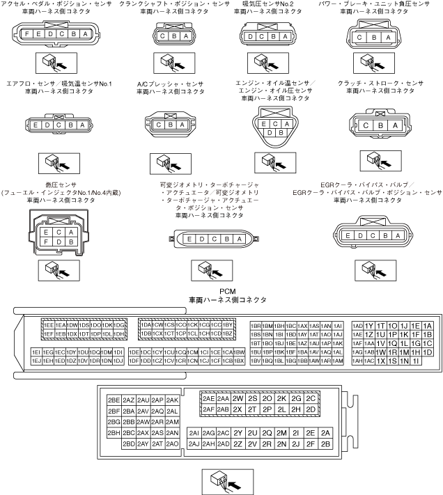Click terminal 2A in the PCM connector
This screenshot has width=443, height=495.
[x=325, y=432]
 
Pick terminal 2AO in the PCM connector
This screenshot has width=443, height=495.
[x=173, y=443]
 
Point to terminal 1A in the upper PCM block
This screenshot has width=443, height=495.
[x=427, y=325]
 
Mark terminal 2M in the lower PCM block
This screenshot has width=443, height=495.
[x=281, y=432]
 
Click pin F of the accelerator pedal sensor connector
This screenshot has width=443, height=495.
[x=26, y=35]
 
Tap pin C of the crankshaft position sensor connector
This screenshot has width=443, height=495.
[x=162, y=36]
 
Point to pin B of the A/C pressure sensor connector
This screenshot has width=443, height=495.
[x=170, y=125]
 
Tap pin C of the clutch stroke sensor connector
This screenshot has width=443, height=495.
[x=365, y=125]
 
